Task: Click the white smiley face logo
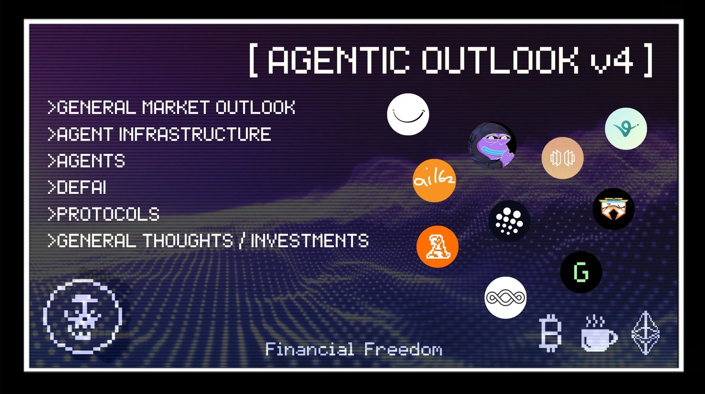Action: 408,114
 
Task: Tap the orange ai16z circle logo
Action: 434,180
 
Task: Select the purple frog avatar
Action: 492,145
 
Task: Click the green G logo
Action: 581,272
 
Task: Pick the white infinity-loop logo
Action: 505,297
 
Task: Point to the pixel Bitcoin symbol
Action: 550,333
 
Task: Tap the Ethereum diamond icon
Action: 645,333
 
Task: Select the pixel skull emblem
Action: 82,316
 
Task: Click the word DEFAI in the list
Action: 82,188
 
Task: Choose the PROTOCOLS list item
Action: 104,214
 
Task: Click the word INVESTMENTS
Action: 309,241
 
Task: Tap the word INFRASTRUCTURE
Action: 195,134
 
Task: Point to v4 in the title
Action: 612,61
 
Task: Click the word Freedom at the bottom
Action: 403,349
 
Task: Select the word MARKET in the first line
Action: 175,108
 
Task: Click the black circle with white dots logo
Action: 509,221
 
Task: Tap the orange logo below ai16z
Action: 437,246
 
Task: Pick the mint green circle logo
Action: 626,129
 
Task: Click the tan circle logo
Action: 562,158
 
